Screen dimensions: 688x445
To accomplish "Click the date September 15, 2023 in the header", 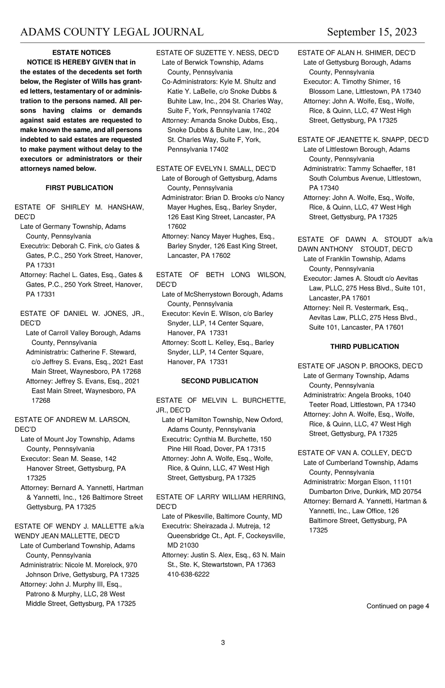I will point(372,32).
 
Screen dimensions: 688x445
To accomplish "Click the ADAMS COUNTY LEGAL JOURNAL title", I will point(112,32).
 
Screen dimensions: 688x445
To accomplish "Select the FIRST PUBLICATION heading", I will point(79,188).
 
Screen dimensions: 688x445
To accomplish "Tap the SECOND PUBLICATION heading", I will point(220,381).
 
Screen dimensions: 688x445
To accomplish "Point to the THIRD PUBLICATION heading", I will point(365,346).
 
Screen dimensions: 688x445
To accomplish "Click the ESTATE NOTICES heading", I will point(82,53).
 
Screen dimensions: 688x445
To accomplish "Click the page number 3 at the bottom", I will point(223,643).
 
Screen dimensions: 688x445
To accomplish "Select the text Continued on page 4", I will point(398,606).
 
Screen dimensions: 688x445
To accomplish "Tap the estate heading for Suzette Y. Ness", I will point(217,53).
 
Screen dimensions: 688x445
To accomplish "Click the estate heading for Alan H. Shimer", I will point(356,53).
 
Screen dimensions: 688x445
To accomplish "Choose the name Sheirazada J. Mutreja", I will point(231,526).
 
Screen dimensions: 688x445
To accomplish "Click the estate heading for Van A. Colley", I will point(355,453).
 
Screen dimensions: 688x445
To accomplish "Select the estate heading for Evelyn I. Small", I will point(216,169).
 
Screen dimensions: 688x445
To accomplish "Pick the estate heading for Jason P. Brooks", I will point(360,366).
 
